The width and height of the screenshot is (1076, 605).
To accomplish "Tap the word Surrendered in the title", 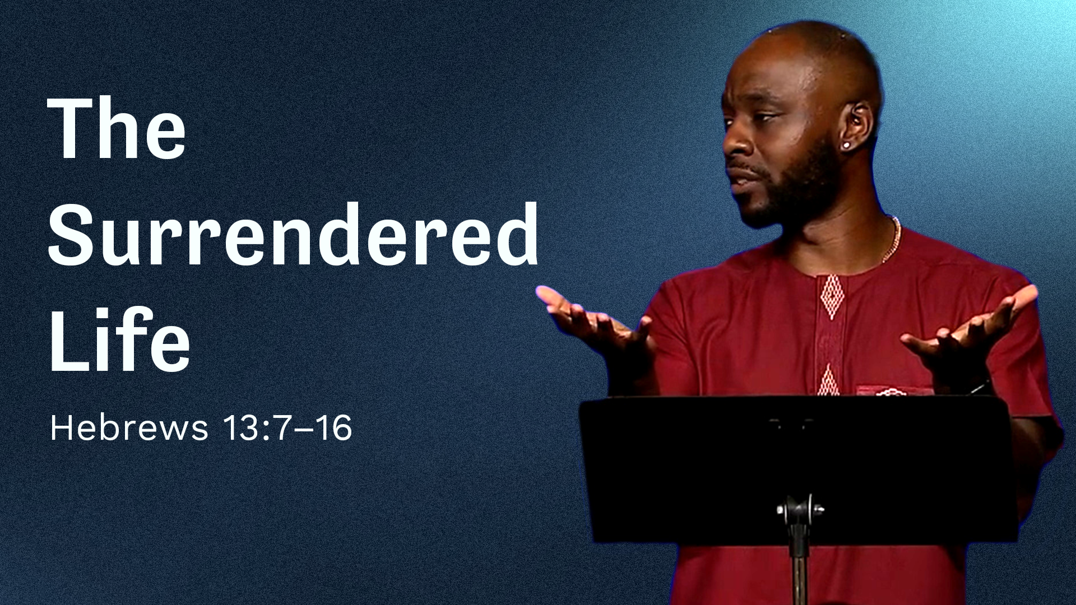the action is [294, 233].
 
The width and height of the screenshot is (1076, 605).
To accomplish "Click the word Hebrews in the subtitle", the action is [129, 429].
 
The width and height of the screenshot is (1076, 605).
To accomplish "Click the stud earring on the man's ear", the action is [846, 146].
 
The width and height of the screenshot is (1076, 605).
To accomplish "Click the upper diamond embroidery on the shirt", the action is [832, 297].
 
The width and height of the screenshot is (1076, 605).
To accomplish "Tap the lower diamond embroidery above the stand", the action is [828, 381].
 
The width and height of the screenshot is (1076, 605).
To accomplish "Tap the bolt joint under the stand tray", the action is [800, 510].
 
